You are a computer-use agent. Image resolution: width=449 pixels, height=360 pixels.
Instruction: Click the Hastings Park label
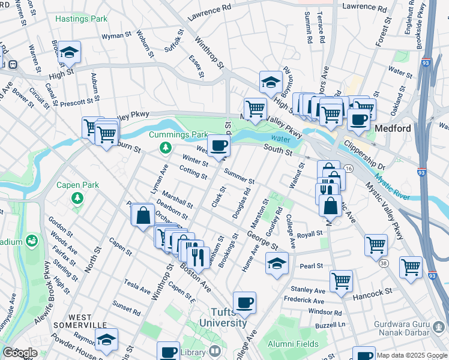pos(81,19)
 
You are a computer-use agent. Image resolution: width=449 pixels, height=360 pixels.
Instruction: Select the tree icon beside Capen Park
pos(77,197)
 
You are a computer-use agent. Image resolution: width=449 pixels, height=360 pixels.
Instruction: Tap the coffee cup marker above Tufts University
pos(244,303)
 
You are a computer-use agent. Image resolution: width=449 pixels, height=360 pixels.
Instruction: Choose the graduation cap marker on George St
pos(277,263)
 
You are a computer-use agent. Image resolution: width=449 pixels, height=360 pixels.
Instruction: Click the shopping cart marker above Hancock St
pos(341,281)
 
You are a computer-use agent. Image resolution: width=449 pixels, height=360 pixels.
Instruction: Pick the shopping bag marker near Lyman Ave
pos(143,216)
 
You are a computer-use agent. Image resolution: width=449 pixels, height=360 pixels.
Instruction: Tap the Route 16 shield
pos(348,170)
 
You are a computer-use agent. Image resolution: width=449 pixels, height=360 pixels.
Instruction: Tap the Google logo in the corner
pos(20,352)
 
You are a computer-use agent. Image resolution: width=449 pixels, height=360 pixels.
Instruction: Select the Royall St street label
pos(310,235)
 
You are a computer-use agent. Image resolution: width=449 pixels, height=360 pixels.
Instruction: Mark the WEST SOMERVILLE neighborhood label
pos(88,322)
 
